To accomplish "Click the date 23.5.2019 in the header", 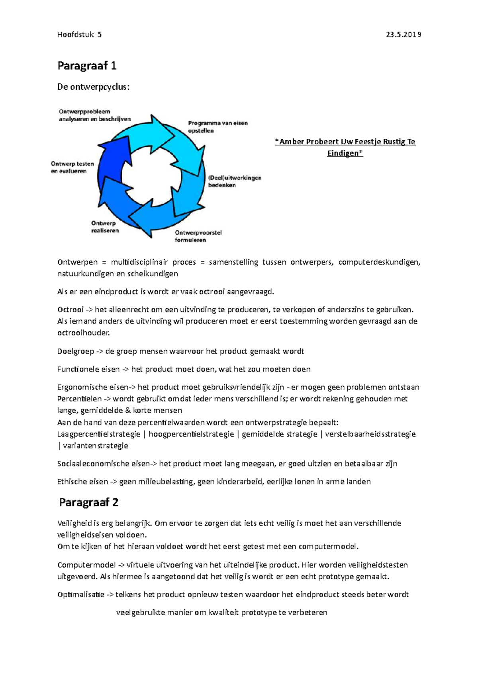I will [403, 35].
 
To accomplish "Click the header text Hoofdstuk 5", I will [79, 35].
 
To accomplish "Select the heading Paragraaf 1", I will [87, 65].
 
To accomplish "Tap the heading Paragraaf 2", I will [88, 502].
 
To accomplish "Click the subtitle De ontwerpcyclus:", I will [93, 87].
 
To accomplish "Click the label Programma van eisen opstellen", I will [217, 127].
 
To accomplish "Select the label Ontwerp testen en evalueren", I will [72, 167].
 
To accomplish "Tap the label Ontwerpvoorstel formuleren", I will [198, 236].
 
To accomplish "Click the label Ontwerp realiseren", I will [104, 227].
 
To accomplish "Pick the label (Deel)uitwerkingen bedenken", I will [234, 181].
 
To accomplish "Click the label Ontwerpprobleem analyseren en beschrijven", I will [94, 115].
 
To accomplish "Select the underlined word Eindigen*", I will [345, 153].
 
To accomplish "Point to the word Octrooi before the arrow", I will [70, 309].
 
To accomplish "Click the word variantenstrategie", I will [95, 446].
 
